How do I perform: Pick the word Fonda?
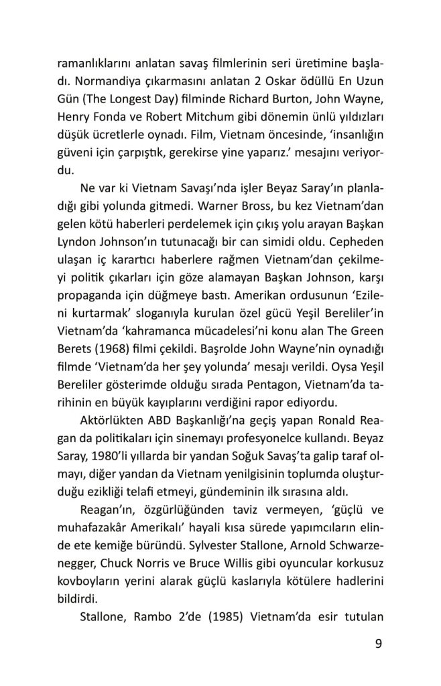coord(117,119)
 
